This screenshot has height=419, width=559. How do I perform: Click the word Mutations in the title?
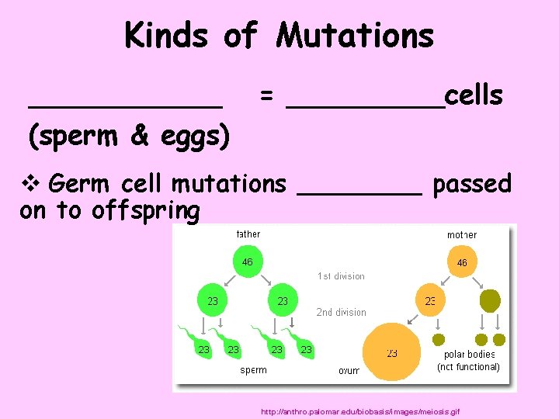[x=355, y=36]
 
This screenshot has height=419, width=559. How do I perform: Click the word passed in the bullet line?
[x=472, y=184]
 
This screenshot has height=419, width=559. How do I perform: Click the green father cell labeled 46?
[x=247, y=262]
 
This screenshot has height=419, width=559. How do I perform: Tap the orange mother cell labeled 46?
[x=462, y=263]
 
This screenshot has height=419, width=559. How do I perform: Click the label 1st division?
[x=341, y=276]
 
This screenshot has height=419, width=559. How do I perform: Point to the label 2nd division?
[x=341, y=313]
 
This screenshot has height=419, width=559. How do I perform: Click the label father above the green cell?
[x=248, y=234]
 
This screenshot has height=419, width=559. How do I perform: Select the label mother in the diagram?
[x=462, y=235]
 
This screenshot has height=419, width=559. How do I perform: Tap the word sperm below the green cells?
[x=253, y=370]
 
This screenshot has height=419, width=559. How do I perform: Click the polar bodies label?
[x=469, y=355]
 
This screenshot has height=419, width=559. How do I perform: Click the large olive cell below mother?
[x=491, y=300]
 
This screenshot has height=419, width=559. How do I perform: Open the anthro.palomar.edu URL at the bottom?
[x=361, y=410]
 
